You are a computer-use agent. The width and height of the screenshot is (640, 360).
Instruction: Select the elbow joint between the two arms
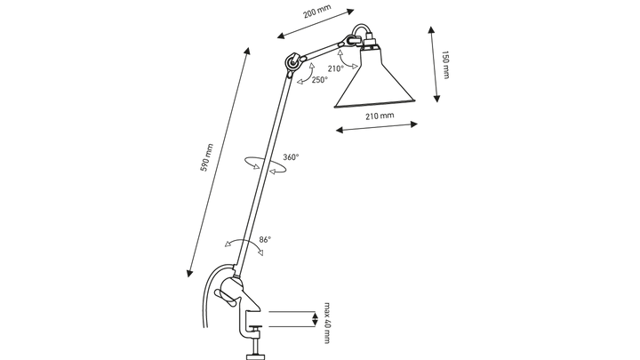pyautogui.click(x=291, y=63)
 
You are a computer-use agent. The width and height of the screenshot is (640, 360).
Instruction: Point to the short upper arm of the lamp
pyautogui.click(x=325, y=48)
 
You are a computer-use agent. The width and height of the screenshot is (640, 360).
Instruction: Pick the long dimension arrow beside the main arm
pyautogui.click(x=213, y=160)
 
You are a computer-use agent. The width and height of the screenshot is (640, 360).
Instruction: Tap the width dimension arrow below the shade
pyautogui.click(x=377, y=130)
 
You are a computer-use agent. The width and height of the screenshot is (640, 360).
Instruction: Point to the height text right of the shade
pyautogui.click(x=446, y=64)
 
